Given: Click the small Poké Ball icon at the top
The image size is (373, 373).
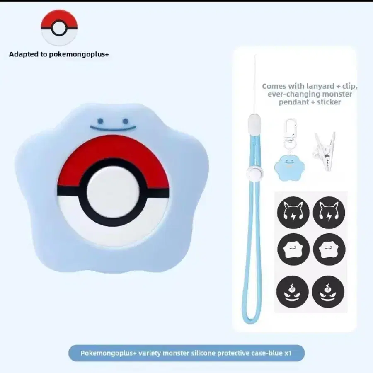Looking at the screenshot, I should (x=59, y=27).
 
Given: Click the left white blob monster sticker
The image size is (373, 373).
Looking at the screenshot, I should (x=293, y=249).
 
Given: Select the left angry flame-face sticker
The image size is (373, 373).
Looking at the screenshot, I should (x=293, y=290).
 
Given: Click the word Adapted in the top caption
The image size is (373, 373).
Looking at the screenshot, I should (x=23, y=54).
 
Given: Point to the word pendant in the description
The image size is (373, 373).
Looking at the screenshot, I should (x=293, y=102).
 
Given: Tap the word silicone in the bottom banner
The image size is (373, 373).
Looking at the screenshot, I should (x=206, y=354).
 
